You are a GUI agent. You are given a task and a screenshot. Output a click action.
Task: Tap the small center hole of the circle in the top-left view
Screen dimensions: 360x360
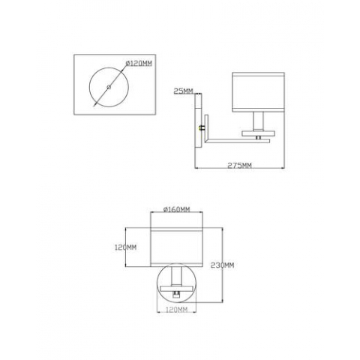(109, 88)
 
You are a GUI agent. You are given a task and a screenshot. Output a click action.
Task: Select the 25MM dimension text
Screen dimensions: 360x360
(182, 91)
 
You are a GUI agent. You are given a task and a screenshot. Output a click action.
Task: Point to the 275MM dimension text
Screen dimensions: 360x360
(239, 166)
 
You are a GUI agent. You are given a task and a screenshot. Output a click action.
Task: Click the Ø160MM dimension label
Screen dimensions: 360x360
(176, 209)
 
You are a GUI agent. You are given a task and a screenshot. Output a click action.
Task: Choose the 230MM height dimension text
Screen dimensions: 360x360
(223, 265)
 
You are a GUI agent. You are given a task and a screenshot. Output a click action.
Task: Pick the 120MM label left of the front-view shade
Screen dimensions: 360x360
(127, 247)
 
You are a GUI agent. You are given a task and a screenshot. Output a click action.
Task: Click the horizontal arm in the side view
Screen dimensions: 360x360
(232, 137)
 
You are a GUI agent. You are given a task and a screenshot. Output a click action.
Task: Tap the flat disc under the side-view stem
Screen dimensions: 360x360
(258, 131)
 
